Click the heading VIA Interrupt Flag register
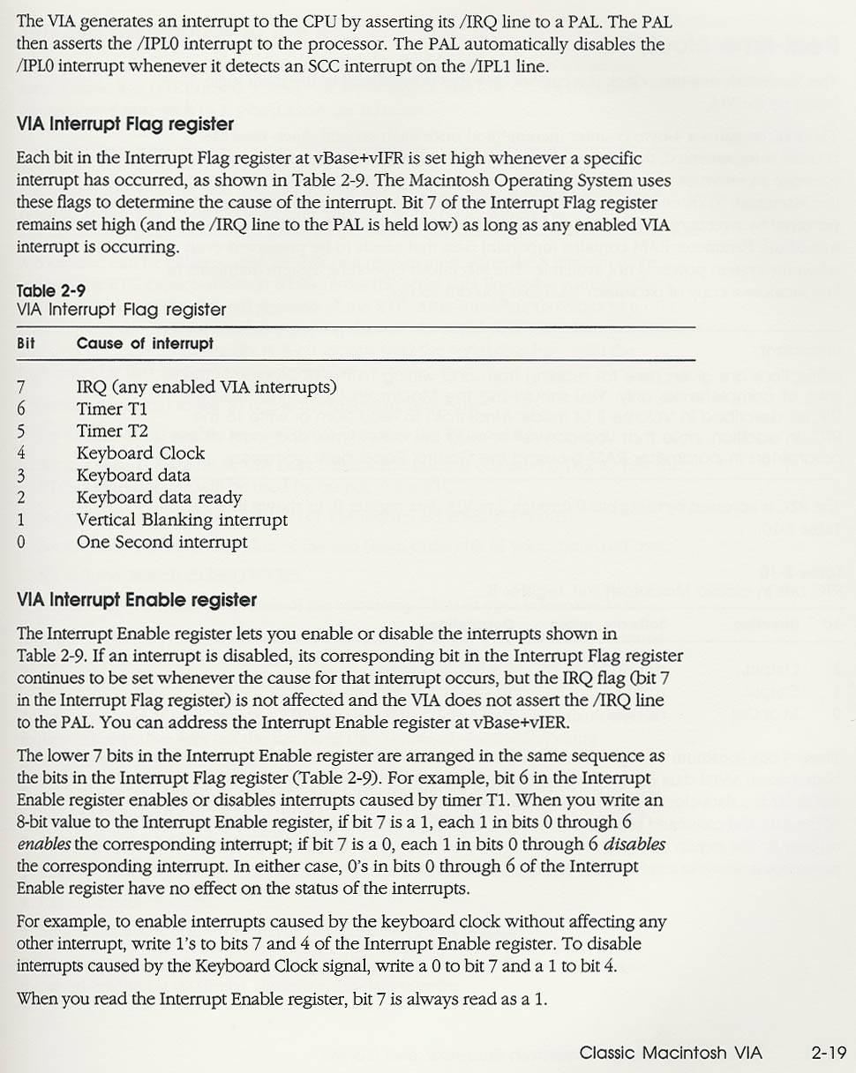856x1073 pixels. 125,124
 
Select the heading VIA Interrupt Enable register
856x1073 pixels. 137,600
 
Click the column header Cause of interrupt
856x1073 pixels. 145,343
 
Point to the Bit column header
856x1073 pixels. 26,343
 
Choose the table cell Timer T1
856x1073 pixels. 112,409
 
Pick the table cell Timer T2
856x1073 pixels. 112,431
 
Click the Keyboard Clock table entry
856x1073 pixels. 140,454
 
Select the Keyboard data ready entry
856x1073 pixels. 159,498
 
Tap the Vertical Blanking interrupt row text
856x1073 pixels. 182,520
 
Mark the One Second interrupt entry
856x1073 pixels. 161,542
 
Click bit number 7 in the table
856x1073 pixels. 21,387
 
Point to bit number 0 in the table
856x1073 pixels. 21,542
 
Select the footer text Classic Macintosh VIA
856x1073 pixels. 671,1053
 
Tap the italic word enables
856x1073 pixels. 44,844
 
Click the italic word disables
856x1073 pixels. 634,844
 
